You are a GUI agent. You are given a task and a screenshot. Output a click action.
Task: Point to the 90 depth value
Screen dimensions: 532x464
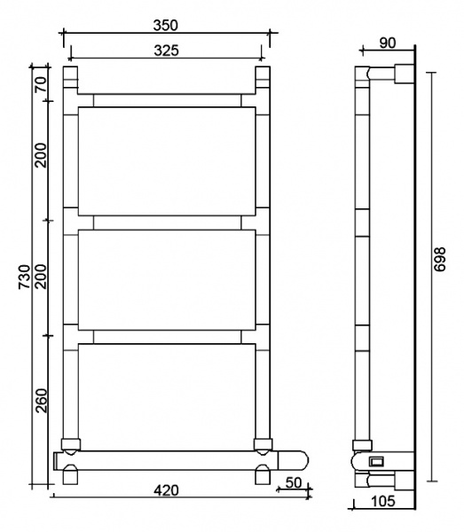387,43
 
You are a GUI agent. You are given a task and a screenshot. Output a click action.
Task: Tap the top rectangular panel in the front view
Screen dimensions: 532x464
167,160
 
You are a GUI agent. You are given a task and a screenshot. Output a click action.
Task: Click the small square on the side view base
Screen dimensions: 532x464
376,461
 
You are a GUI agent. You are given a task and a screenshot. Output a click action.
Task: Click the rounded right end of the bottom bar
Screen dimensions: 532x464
303,460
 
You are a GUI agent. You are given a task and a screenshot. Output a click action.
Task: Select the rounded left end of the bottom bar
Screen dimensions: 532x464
58,460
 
